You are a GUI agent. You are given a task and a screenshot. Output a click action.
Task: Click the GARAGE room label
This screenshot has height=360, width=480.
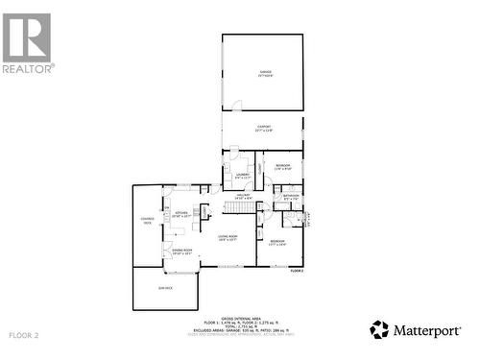263,73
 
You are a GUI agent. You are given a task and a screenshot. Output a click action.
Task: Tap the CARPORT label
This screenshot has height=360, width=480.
263,128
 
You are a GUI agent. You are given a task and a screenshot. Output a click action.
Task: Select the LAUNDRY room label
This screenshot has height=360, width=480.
242,176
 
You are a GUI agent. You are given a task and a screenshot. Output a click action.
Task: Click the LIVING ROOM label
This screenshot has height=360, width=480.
228,237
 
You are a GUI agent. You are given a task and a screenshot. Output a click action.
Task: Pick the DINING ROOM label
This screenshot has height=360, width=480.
180,252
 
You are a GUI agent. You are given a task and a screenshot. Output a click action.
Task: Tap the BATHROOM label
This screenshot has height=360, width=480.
291,197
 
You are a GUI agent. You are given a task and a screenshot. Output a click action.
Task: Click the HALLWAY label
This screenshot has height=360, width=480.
243,197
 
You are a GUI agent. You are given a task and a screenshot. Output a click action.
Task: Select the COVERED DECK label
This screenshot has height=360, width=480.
147,220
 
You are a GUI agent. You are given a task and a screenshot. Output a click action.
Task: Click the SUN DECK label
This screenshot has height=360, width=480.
165,287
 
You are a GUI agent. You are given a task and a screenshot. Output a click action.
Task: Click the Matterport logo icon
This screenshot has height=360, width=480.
380,330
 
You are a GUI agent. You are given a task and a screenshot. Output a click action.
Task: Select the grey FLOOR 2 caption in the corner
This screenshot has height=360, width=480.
23,335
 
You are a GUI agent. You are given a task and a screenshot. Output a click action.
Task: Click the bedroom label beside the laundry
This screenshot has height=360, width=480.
283,167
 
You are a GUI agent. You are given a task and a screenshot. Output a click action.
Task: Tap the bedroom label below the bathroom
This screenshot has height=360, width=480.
277,242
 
